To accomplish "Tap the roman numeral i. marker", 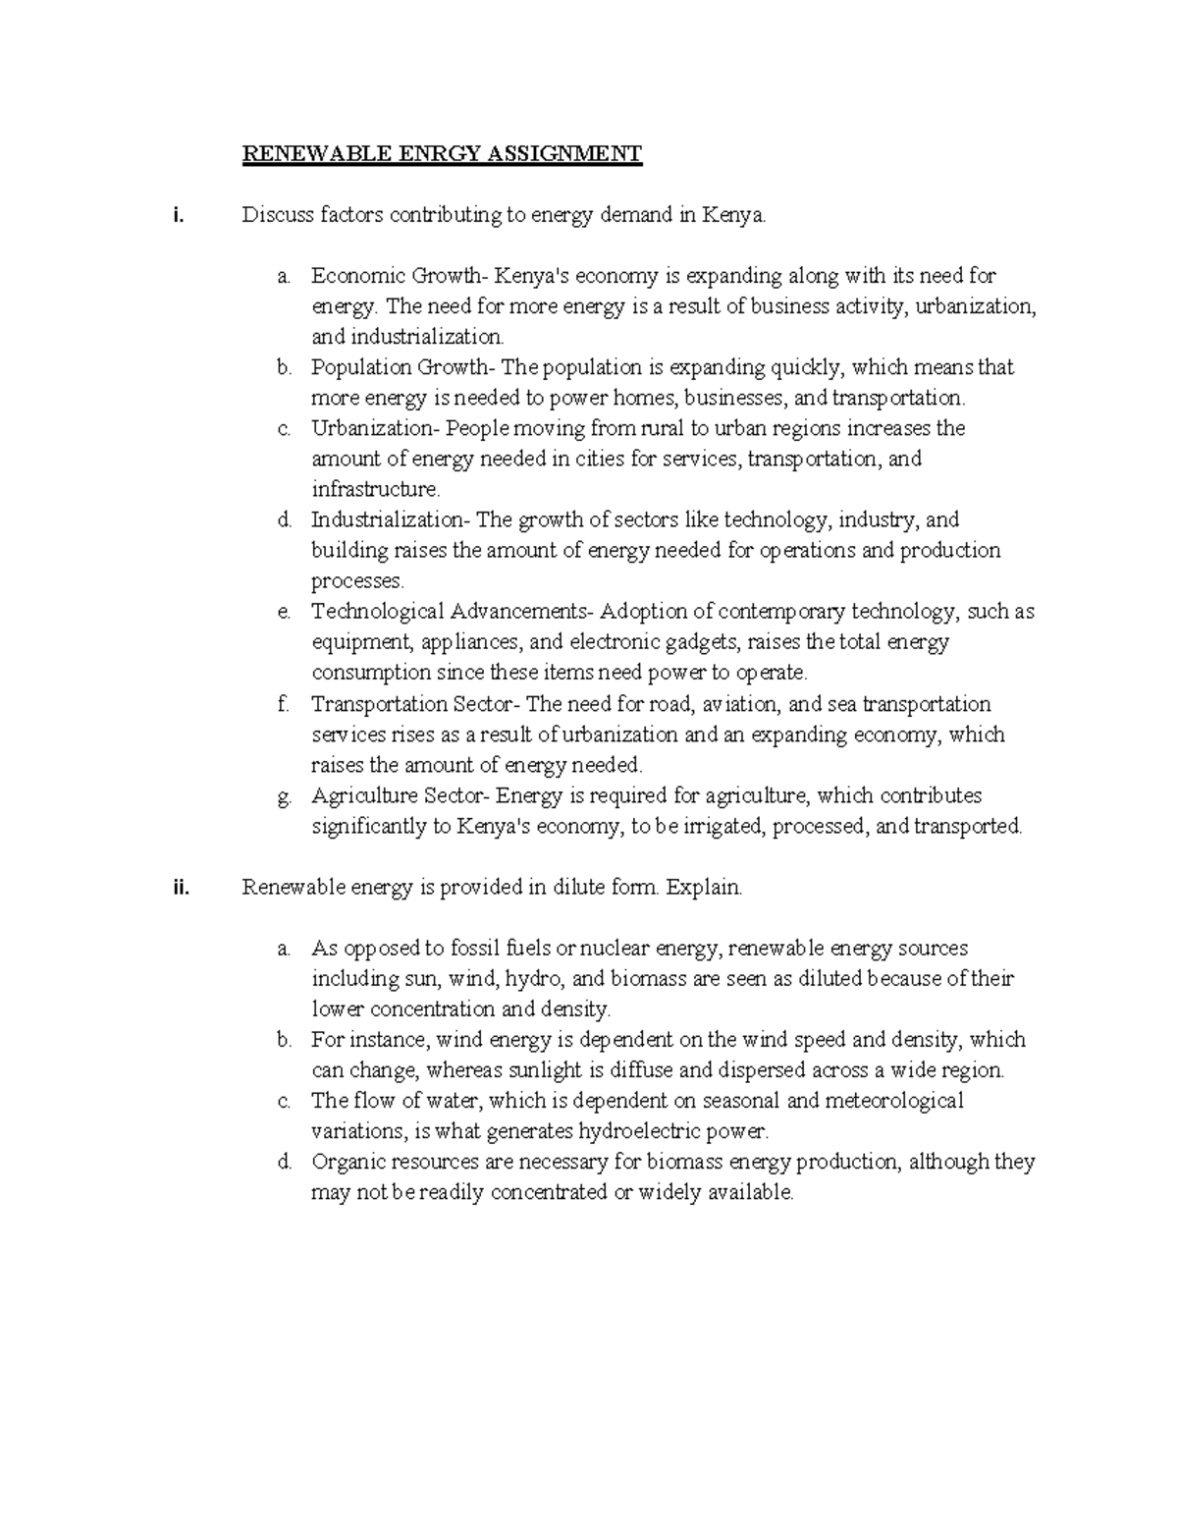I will [177, 216].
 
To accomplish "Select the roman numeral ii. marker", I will [179, 888].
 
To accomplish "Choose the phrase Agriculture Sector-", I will [402, 795].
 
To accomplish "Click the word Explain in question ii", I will [703, 888].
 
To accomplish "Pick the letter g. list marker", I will [284, 796].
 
